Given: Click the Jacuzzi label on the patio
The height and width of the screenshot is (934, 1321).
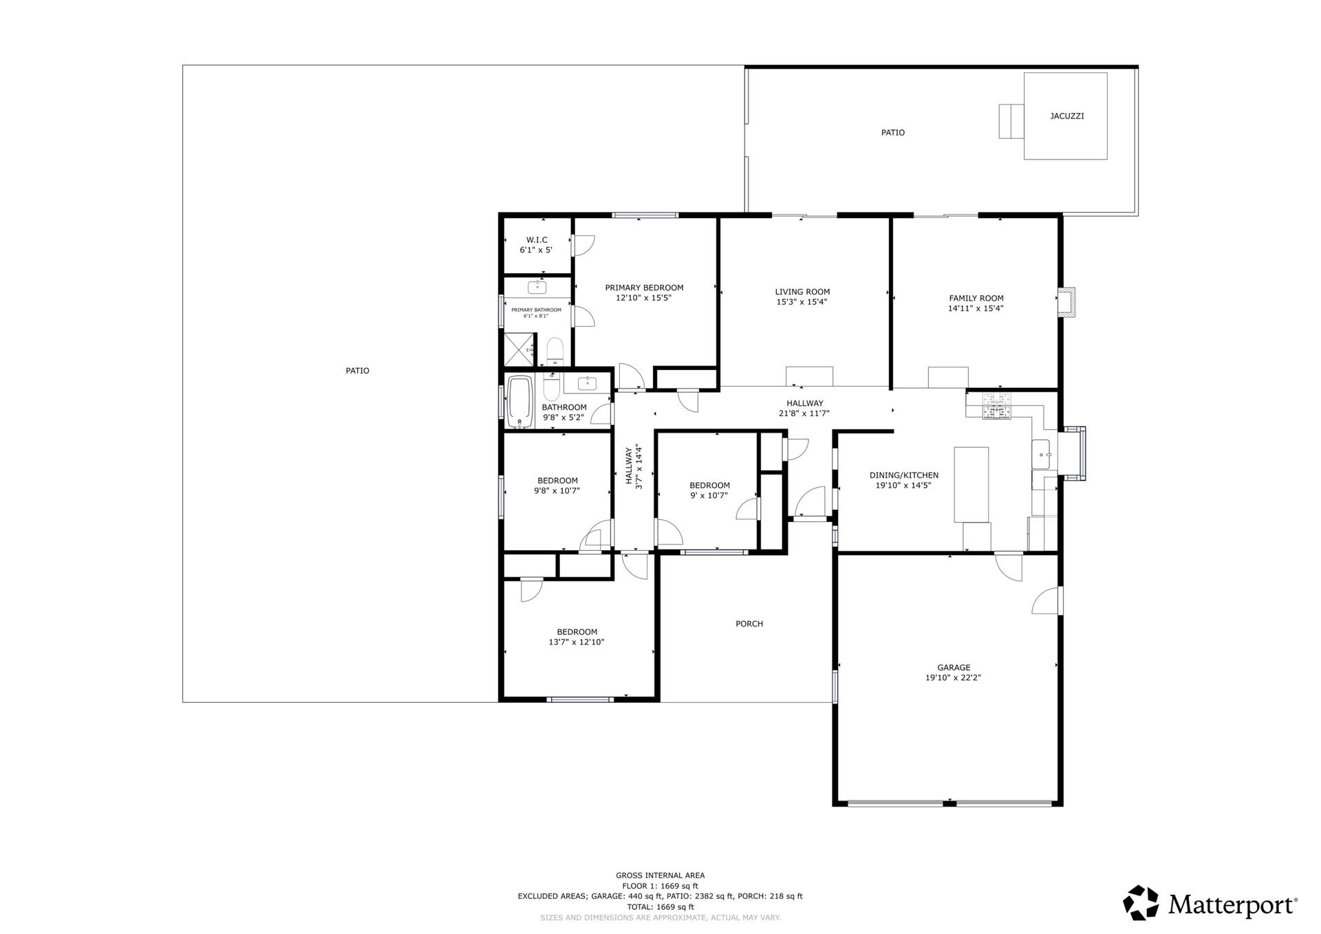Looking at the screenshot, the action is (1066, 116).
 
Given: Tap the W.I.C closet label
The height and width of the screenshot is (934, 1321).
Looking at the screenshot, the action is (537, 240).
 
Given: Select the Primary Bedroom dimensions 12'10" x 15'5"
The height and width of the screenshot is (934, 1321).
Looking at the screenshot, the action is (643, 298).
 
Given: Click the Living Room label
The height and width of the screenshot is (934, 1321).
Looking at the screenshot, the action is (802, 292).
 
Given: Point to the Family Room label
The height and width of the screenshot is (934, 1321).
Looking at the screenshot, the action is (976, 298).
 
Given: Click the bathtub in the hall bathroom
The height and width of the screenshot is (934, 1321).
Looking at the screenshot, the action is (520, 402).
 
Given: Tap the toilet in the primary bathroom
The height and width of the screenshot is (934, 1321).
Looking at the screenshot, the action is (555, 351).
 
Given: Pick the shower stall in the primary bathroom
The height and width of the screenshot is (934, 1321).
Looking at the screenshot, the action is (519, 350).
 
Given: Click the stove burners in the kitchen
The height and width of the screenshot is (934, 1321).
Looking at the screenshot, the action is (997, 405).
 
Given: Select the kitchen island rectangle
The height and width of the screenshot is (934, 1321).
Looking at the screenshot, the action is (971, 485).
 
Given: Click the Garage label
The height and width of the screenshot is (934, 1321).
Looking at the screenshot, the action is (954, 667).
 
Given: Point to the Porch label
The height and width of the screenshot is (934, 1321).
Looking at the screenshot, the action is (749, 624).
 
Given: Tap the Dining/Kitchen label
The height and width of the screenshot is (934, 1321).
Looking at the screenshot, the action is (904, 475).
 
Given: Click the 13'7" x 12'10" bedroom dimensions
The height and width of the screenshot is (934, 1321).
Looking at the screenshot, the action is (577, 642).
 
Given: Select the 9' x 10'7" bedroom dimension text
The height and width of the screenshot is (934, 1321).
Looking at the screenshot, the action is (709, 495).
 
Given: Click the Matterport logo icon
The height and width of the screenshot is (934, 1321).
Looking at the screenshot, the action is (1141, 903).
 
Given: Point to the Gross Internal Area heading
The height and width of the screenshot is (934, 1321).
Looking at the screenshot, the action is (660, 876).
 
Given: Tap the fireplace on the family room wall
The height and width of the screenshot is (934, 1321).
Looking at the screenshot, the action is (1066, 302).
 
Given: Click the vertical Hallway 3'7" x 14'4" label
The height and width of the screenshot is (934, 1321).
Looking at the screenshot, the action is (634, 467).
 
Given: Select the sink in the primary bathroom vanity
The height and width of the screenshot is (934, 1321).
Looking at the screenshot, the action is (537, 287).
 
